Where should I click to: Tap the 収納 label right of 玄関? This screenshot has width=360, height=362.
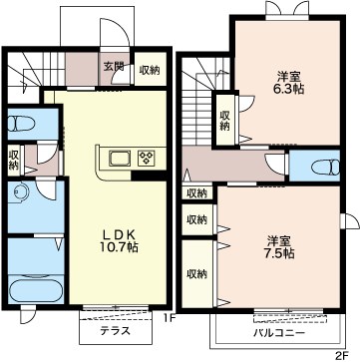point(150,70)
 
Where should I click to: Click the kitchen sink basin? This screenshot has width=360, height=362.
point(117,158)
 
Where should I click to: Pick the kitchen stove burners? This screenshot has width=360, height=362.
point(146,158)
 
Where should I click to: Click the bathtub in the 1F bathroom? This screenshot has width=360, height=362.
point(33,292)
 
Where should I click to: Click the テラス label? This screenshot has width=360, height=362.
point(114,327)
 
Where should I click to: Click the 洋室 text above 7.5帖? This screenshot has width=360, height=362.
point(279,238)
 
